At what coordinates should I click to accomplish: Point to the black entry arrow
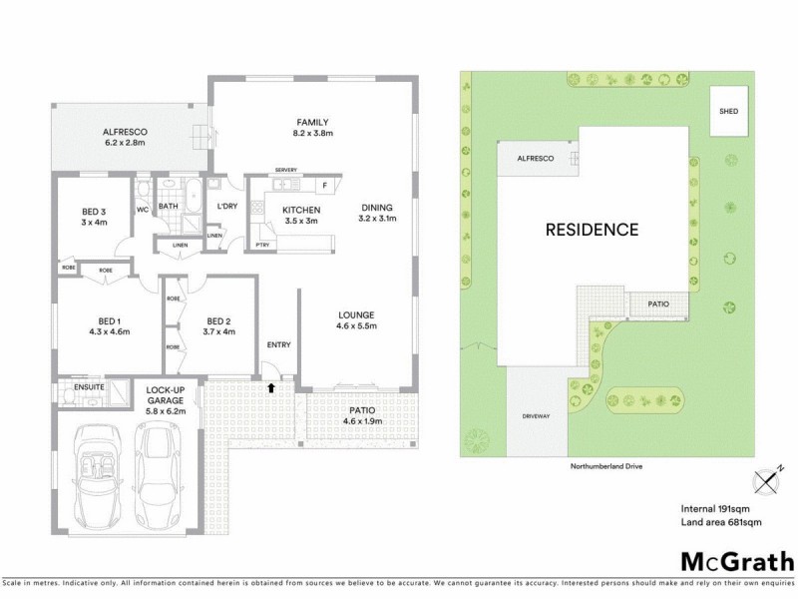point(270,385)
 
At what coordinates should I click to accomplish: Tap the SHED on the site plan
point(729,111)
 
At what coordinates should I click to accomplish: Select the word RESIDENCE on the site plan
point(591,230)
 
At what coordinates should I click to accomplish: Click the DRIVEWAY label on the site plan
point(536,415)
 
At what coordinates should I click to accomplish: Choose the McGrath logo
point(736,560)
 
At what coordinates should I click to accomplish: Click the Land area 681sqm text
point(720,523)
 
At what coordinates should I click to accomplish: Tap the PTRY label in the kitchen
point(262,243)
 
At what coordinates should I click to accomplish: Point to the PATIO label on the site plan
point(658,303)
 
